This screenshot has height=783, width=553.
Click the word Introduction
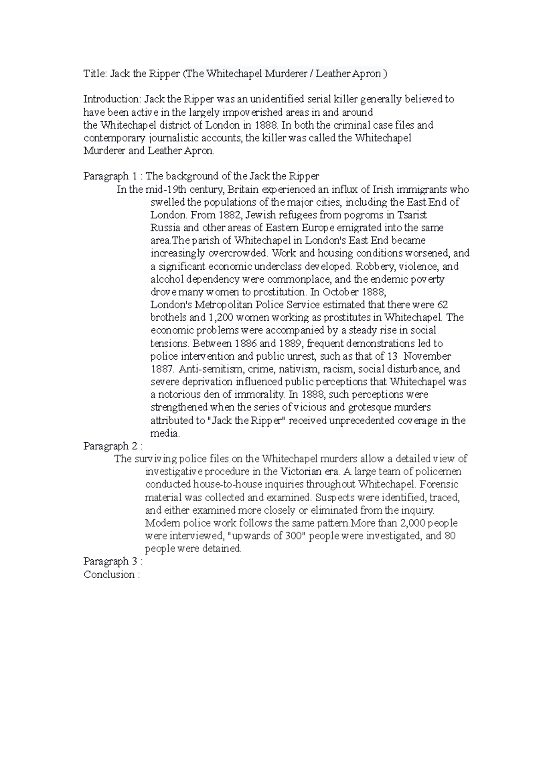pyautogui.click(x=112, y=99)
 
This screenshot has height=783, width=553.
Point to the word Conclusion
pyautogui.click(x=109, y=575)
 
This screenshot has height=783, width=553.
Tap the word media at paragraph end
pyautogui.click(x=165, y=434)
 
